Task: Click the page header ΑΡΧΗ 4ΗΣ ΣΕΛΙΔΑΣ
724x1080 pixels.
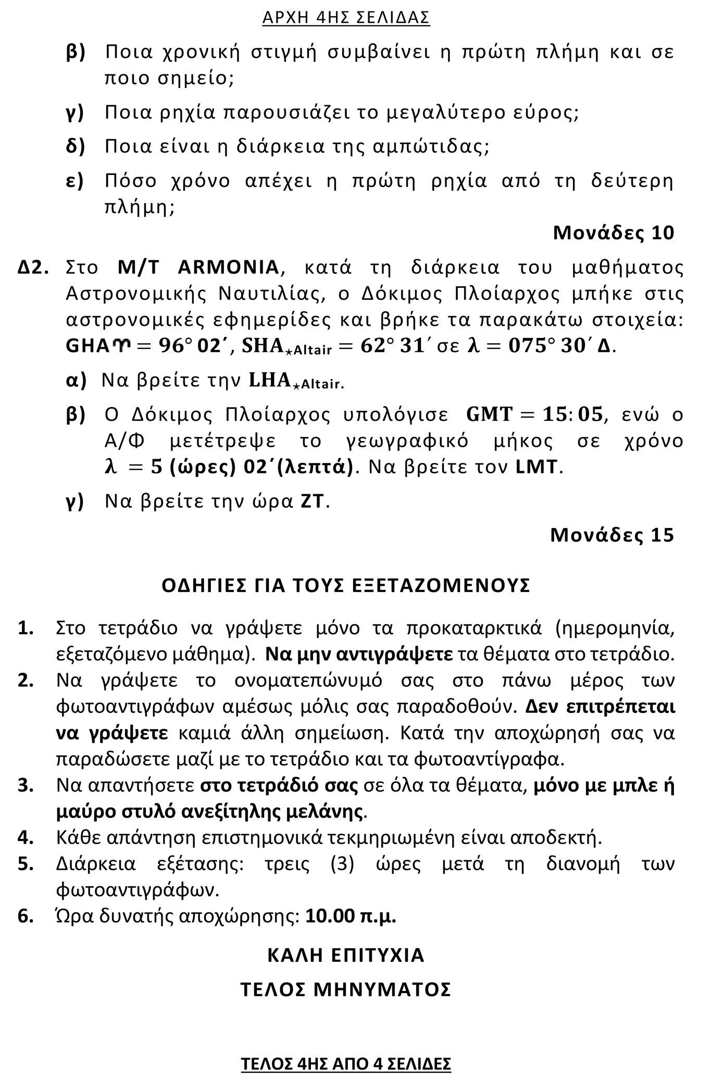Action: click(346, 18)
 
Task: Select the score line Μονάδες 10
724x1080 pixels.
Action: click(613, 233)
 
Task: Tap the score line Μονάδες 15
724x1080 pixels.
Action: click(611, 535)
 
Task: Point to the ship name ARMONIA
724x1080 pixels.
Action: click(228, 268)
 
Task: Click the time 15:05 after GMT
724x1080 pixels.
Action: click(573, 415)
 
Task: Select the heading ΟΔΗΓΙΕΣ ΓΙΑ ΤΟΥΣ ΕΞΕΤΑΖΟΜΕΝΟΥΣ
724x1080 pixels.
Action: click(346, 585)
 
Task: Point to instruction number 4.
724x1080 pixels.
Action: click(26, 838)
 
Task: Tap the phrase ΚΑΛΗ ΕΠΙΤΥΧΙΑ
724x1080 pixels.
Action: click(346, 955)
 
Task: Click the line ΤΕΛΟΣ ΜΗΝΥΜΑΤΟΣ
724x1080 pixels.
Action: click(346, 989)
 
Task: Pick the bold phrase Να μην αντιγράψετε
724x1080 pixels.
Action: click(359, 655)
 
